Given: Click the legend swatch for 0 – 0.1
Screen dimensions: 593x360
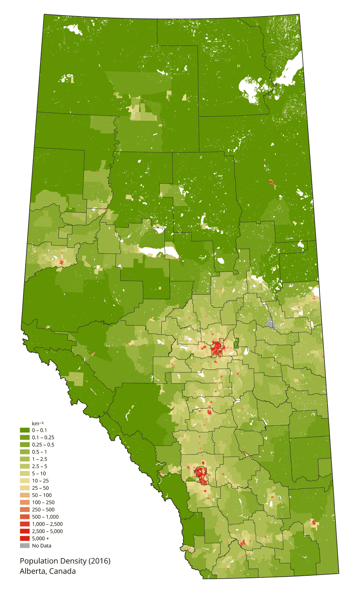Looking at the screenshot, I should click(24, 430).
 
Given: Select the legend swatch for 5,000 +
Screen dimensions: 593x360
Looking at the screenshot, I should click(24, 538).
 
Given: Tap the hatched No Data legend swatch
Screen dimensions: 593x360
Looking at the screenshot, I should click(24, 546).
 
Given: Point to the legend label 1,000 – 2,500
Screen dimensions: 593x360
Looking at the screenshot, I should click(47, 524).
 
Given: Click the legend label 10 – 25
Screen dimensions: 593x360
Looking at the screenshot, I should click(40, 481).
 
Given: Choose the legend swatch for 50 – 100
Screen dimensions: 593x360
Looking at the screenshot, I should click(24, 495).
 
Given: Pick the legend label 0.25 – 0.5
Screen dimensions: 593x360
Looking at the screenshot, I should click(43, 445).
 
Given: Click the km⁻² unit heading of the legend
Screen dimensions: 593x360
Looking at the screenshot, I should click(37, 424).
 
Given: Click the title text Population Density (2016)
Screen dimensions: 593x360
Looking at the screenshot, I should click(65, 561).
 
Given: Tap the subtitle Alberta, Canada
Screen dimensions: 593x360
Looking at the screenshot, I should click(48, 571).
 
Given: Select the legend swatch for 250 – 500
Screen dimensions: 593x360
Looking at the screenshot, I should click(24, 510).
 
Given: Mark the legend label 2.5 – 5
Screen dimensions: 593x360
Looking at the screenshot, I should click(40, 466).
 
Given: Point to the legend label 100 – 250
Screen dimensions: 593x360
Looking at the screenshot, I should click(43, 502).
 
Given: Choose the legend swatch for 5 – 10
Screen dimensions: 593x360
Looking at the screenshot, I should click(24, 474).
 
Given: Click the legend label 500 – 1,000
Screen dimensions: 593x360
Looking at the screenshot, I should click(45, 517).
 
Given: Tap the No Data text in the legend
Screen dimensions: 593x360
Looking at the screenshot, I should click(42, 546).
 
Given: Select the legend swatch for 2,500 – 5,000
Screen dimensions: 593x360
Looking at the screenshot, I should click(24, 531).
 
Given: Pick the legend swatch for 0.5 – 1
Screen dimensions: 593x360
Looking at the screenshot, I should click(24, 452).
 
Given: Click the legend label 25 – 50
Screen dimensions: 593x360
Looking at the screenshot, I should click(40, 488).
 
